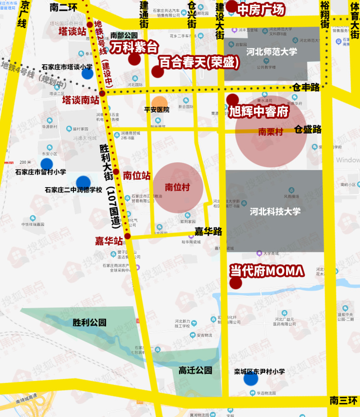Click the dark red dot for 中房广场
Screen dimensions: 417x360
[x=232, y=7]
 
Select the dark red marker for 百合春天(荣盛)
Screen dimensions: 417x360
[x=157, y=72]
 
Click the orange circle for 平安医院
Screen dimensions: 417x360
[x=159, y=104]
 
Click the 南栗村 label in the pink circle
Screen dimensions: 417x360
[x=270, y=131]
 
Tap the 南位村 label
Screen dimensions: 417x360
[x=177, y=187]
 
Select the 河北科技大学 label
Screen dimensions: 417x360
[x=275, y=211]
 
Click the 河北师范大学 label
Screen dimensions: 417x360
[x=271, y=52]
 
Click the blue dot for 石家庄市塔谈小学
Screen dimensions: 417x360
[x=88, y=73]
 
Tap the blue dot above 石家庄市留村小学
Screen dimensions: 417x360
[x=47, y=164]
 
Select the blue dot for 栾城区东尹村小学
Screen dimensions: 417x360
[x=251, y=379]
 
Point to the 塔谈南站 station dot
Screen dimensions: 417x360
[x=102, y=93]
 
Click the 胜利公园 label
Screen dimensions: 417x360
[x=89, y=322]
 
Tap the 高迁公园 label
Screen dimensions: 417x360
[x=195, y=370]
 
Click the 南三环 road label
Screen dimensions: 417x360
[x=343, y=401]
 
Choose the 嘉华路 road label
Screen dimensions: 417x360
[x=208, y=232]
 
